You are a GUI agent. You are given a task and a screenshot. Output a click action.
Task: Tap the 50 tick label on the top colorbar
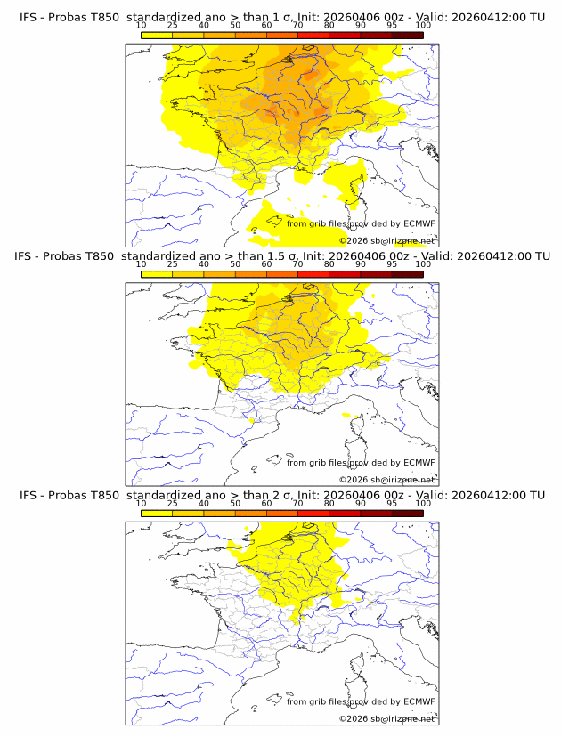coord(235,25)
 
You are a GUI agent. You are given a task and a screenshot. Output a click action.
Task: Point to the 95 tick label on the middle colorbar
coord(391,264)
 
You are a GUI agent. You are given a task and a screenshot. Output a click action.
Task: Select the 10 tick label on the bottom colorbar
coord(141,504)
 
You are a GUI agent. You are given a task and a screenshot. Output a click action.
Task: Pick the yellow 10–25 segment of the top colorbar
coord(157,35)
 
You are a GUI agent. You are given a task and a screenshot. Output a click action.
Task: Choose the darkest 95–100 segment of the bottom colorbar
coord(407,514)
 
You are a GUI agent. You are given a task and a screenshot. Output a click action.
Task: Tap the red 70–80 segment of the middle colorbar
coord(313,274)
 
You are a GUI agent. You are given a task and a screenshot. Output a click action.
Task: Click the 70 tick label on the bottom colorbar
coord(297,504)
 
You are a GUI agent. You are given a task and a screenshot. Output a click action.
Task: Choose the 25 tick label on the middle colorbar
coord(172,264)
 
